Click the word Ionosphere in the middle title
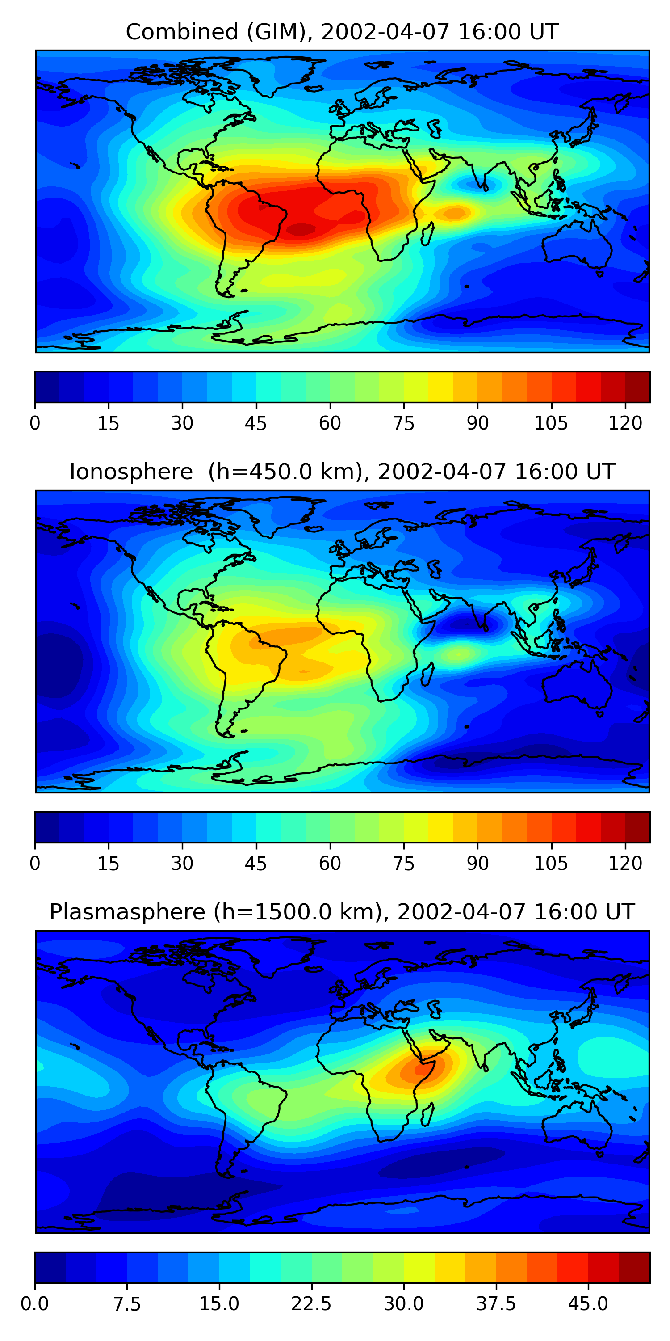click(131, 472)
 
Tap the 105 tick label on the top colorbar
click(551, 423)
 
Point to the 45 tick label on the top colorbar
click(255, 423)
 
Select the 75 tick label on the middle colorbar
click(404, 864)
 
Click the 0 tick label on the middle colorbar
click(35, 864)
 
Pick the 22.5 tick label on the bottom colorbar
click(311, 1304)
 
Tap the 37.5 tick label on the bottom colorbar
click(496, 1304)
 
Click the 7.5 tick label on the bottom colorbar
click(127, 1304)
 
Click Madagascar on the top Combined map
click(427, 234)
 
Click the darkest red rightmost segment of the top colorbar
click(637, 387)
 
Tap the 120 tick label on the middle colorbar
click(625, 864)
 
